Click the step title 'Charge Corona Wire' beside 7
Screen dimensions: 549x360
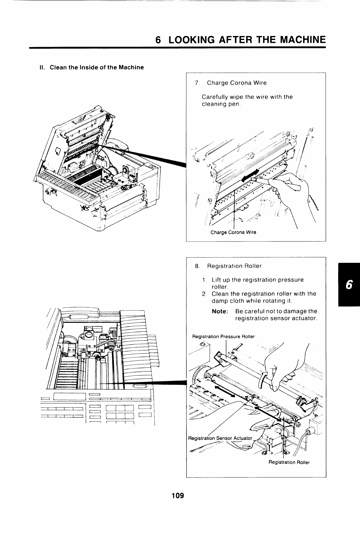click(x=237, y=83)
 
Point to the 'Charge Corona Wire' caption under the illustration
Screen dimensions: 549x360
click(x=233, y=232)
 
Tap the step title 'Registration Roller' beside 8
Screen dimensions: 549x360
click(x=234, y=266)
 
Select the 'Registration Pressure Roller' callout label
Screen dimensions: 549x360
click(x=223, y=336)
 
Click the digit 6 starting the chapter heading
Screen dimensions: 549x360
click(x=158, y=40)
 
